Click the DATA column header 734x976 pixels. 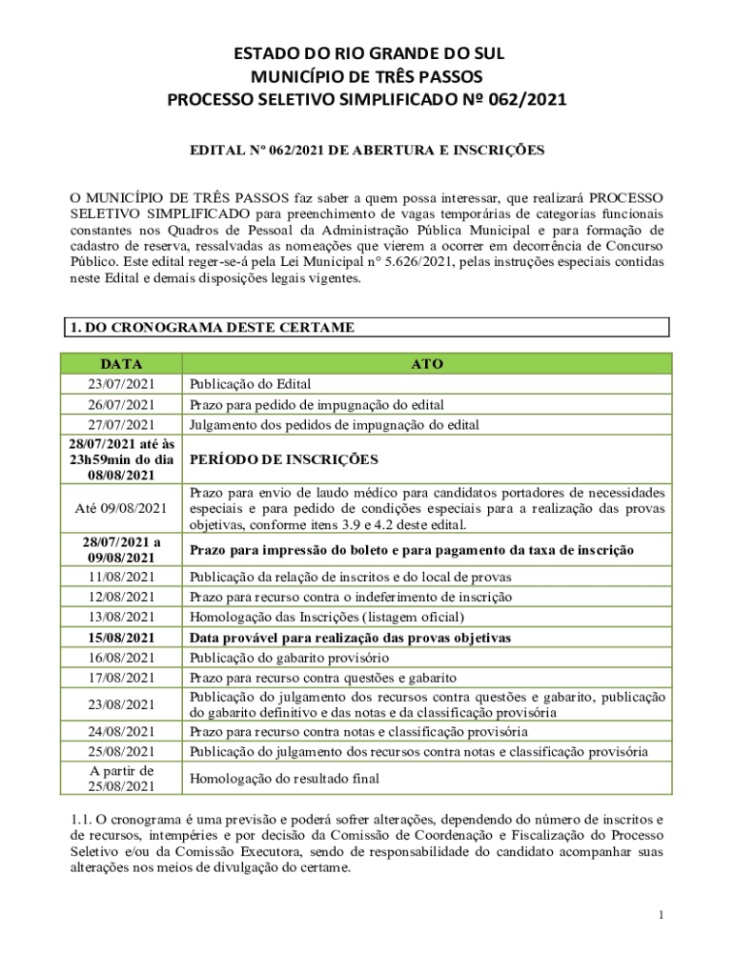point(121,364)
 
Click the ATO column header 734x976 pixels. point(426,364)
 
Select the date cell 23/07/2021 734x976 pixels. point(121,384)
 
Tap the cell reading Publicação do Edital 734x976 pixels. point(251,384)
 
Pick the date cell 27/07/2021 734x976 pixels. point(121,424)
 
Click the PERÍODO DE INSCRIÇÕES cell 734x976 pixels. point(283,459)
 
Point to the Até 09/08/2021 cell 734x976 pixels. point(121,509)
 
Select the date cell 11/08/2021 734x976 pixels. point(121,577)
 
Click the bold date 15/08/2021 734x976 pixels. point(121,638)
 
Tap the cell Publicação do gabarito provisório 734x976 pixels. point(302,658)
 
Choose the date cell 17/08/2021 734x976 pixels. point(121,678)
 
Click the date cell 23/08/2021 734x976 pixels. point(121,704)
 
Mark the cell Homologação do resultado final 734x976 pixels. point(284,778)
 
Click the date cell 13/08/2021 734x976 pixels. point(121,617)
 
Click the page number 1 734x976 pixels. point(660,916)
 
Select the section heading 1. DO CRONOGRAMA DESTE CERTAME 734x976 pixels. point(211,328)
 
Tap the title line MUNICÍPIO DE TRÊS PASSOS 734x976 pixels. point(367,76)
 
